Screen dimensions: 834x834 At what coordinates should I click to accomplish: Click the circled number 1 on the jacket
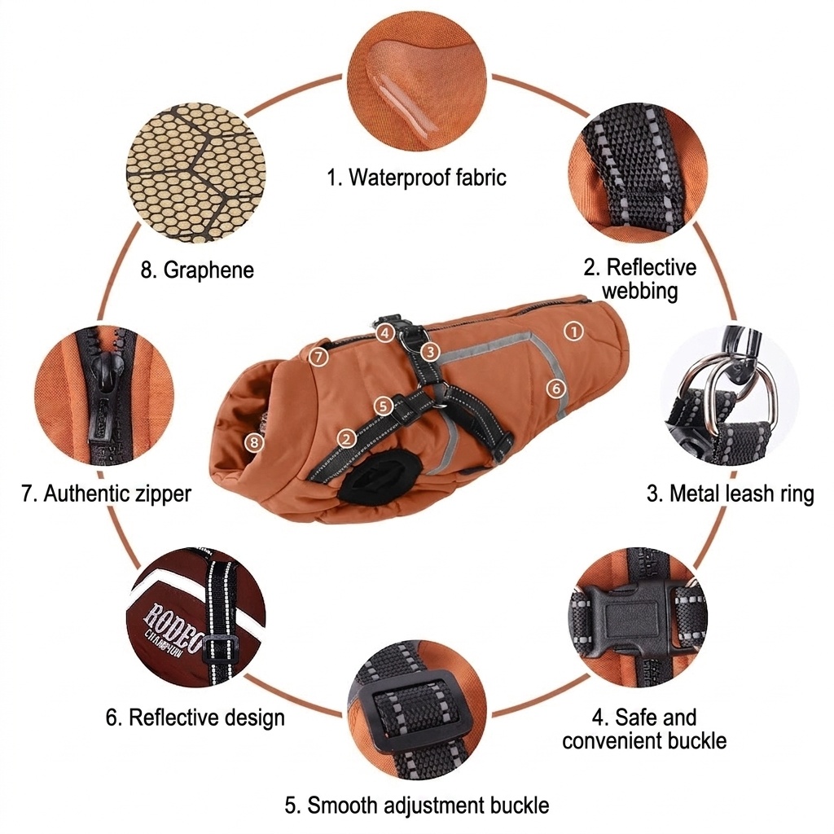coord(573,331)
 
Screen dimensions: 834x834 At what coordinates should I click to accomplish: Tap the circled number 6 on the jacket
coord(556,388)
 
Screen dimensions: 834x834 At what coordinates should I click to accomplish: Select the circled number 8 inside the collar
coord(254,442)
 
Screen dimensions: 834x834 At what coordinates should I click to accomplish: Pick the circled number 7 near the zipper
coord(318,357)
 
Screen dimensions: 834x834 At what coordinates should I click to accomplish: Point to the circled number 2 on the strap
coord(347,439)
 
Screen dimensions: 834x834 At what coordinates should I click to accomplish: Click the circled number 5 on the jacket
coord(383,406)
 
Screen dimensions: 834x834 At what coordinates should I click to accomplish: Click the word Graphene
coord(208,270)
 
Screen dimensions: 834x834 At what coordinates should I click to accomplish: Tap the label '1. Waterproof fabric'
coord(416,177)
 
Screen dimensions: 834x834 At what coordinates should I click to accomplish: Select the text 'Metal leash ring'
coord(741,494)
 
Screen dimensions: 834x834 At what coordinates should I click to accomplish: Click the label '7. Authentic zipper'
coord(107,494)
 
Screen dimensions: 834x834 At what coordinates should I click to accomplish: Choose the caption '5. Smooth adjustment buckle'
coord(417,805)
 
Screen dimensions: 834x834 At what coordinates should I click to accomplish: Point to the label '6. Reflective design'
coord(195,718)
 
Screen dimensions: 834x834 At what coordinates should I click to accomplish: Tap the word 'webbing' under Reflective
coord(640,291)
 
